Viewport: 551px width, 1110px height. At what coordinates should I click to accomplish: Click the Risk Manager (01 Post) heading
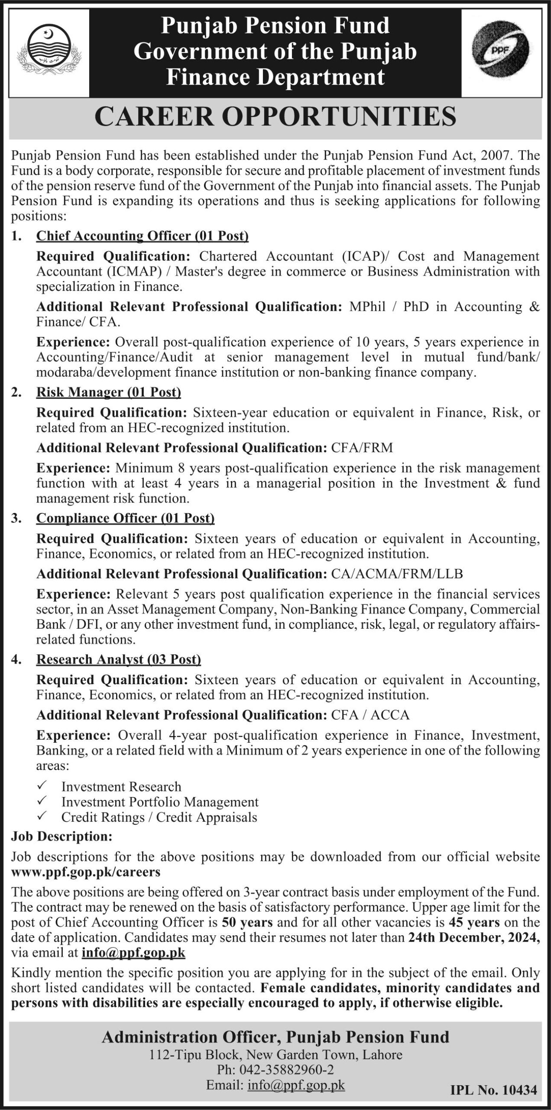pos(108,392)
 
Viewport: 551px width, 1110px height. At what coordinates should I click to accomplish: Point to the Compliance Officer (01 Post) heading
pos(126,518)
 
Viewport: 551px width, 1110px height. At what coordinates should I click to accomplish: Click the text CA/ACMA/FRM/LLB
pos(397,574)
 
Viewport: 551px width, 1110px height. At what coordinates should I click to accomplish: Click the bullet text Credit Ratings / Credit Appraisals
pos(159,817)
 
